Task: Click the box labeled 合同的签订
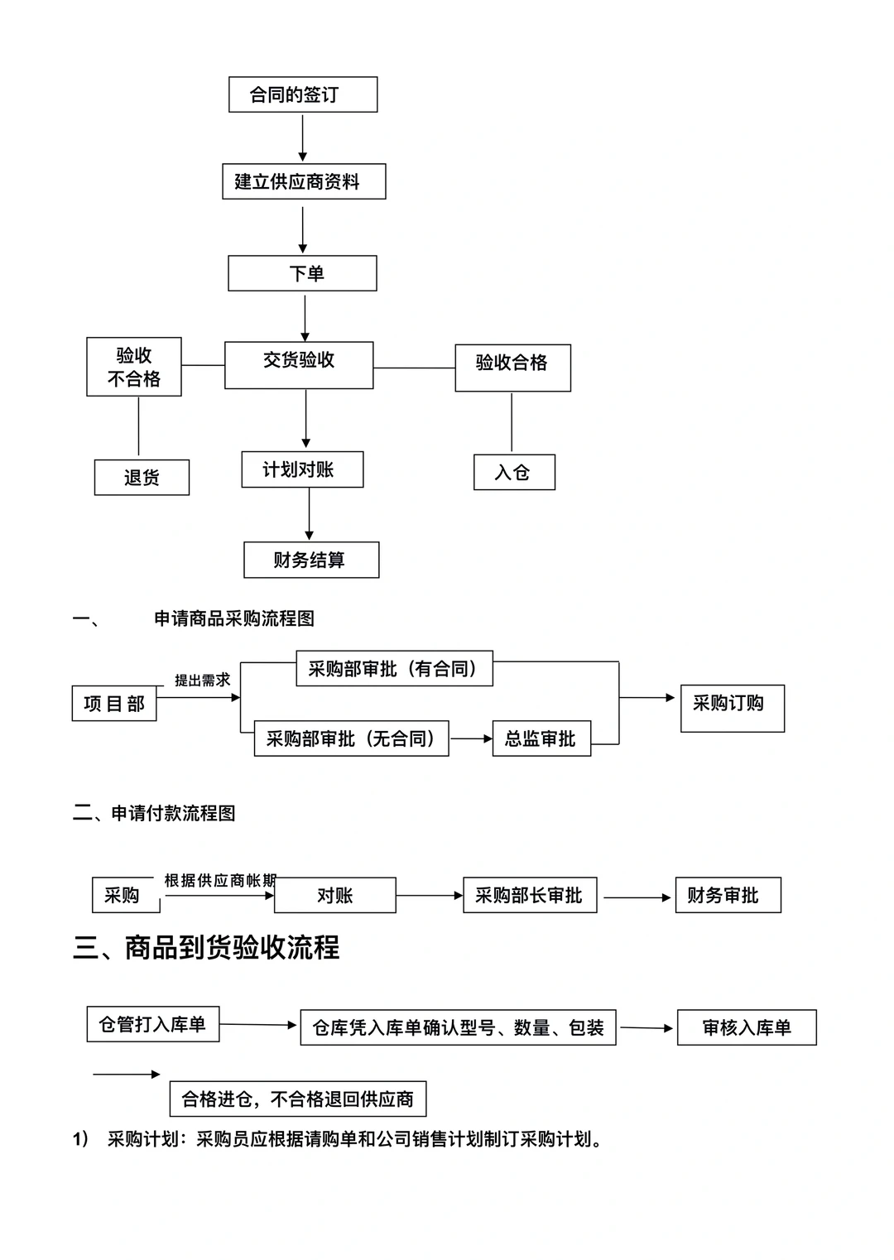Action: click(303, 94)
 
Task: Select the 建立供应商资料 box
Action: click(304, 181)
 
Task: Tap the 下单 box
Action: click(302, 273)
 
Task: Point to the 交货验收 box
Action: click(299, 364)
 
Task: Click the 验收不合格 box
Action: click(134, 367)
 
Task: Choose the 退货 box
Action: click(142, 478)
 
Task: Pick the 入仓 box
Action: click(514, 472)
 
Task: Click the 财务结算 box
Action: click(311, 560)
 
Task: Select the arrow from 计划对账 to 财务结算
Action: click(310, 514)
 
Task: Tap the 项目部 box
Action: click(114, 704)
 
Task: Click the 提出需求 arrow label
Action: click(202, 680)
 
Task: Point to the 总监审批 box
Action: click(541, 738)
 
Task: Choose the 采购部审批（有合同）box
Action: click(394, 669)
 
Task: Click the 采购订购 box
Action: click(732, 708)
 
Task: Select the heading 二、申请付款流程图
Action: click(154, 813)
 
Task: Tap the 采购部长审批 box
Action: click(530, 895)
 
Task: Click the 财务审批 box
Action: click(728, 895)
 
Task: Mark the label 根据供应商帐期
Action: click(220, 880)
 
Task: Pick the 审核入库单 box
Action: click(747, 1027)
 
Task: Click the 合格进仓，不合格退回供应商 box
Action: click(298, 1099)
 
